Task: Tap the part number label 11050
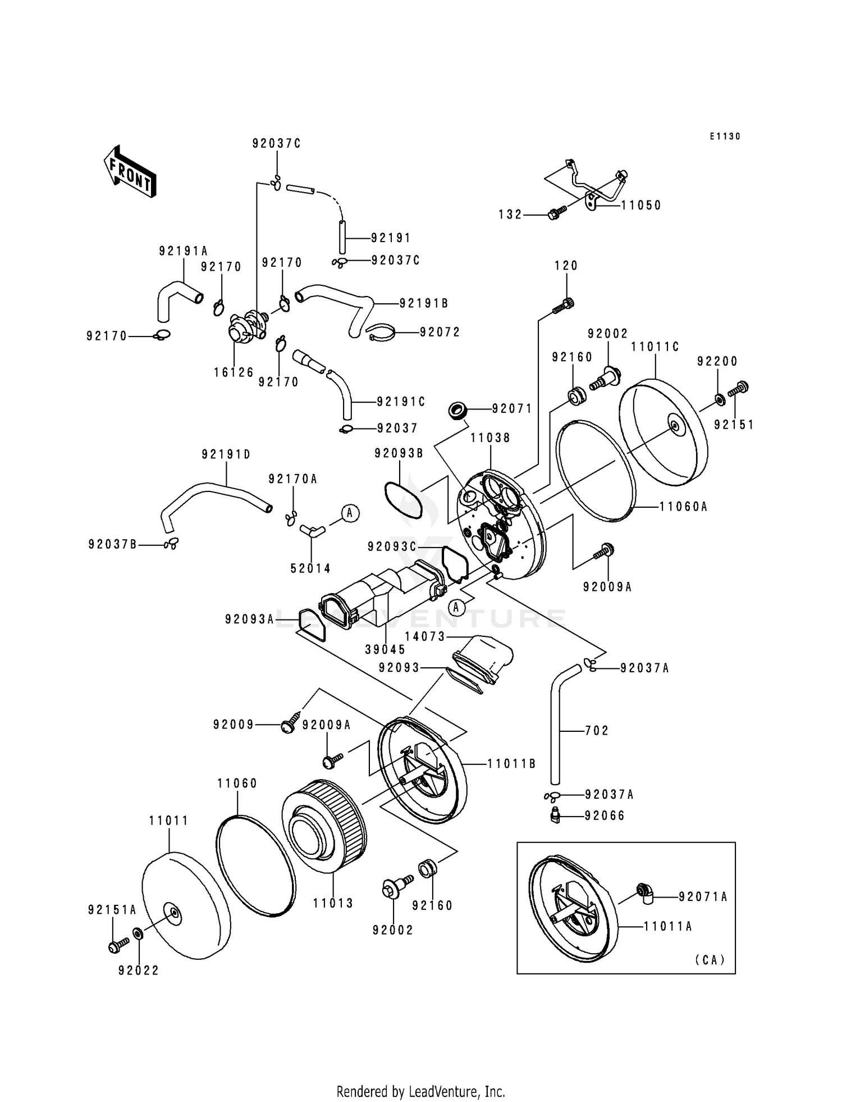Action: [641, 206]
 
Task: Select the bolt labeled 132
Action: [555, 213]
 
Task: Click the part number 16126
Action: [234, 372]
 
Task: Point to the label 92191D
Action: [226, 454]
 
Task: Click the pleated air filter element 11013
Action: [325, 825]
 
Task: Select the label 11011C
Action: [655, 347]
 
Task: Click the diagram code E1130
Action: [725, 136]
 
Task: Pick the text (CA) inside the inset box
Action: [710, 960]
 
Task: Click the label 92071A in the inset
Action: [703, 897]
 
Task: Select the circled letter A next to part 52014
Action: [350, 513]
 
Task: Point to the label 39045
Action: [385, 649]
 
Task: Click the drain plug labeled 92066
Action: [554, 816]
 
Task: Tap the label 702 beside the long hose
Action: [597, 731]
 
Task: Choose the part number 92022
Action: [139, 971]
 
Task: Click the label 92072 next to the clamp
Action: [440, 333]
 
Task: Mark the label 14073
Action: [425, 636]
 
